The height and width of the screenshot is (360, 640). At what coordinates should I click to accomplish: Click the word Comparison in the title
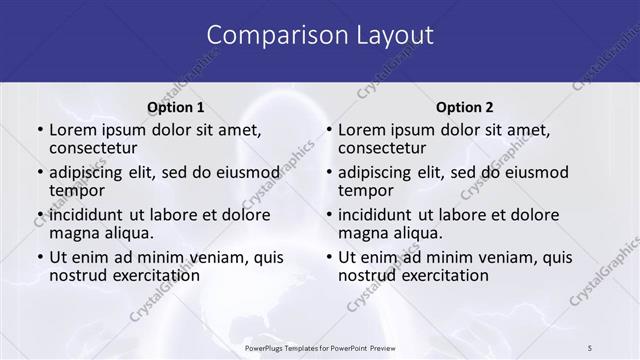[268, 36]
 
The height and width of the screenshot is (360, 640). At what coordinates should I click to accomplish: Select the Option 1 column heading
[176, 107]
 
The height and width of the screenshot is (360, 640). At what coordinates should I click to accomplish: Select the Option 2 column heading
[465, 107]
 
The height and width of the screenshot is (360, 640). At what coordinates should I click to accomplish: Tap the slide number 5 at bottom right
[590, 347]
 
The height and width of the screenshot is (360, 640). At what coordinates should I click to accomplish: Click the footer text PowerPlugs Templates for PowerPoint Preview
[320, 347]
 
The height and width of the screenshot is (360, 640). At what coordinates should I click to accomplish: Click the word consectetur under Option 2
[384, 148]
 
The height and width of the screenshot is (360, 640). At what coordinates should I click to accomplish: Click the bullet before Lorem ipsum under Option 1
[39, 130]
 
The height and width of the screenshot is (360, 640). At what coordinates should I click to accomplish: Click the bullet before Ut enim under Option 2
[328, 257]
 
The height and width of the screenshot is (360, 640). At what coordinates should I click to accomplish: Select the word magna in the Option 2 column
[362, 233]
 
